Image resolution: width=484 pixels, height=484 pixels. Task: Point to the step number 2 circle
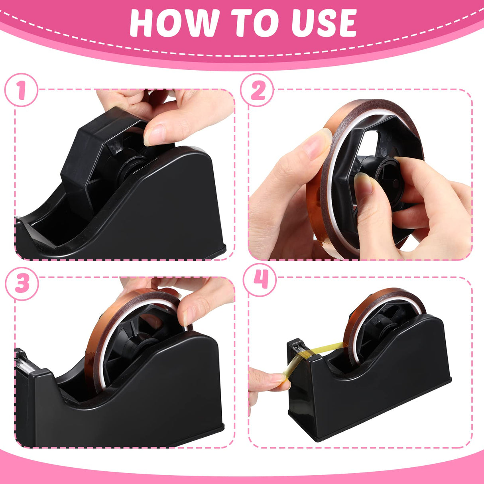point(258,90)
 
